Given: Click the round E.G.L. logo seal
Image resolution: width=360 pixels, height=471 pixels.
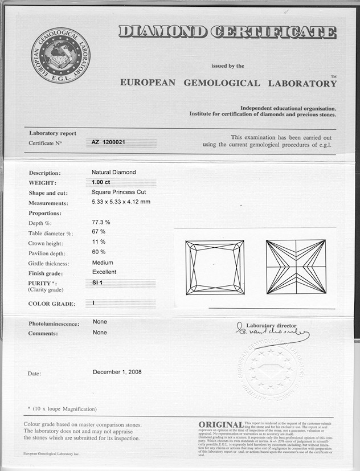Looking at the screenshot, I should point(60,55).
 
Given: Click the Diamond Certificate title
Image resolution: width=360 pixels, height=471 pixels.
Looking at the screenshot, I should point(227,32).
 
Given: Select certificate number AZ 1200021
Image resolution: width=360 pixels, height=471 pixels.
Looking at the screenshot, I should point(110,142).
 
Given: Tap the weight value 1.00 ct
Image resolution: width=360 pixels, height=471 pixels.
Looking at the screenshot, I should point(101,182).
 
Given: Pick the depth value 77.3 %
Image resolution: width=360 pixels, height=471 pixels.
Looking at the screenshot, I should point(101,222).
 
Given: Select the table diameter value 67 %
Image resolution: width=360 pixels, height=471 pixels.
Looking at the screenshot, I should point(99,232).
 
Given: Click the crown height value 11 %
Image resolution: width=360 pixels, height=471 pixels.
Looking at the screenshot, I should point(99,242).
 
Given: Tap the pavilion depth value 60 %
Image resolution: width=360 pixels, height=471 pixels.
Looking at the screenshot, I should point(99,252).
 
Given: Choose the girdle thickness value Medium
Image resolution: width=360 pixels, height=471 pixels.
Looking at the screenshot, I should point(103,263).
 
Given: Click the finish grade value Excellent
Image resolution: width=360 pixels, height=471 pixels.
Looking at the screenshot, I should point(104,272).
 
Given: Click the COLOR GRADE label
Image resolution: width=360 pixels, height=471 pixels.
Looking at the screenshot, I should point(52,304).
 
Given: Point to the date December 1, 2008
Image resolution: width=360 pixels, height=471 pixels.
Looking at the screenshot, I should point(117,372).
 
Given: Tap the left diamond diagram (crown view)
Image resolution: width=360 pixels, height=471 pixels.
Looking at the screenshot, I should point(215,267).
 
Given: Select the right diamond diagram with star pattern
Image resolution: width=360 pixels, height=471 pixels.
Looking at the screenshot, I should point(296,267).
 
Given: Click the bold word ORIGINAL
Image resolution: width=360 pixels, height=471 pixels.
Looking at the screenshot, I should point(221,425).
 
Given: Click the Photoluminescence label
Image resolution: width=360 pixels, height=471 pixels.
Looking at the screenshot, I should point(54,323).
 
